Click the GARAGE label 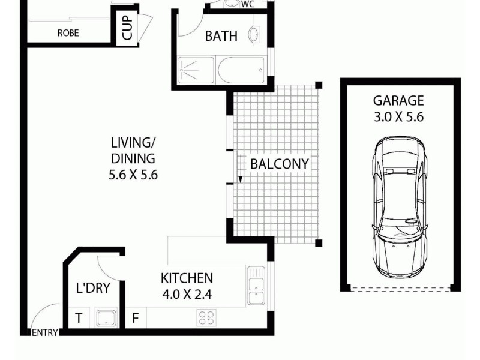pos(398,101)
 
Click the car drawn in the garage pos(398,207)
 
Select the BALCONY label pos(279,163)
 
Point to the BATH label pos(221,36)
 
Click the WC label pos(248,5)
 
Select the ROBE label pos(68,34)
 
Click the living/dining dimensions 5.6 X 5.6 pos(133,175)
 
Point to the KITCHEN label pos(187,278)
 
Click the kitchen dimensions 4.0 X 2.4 pos(187,294)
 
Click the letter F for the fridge pos(136,318)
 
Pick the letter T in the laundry pos(78,318)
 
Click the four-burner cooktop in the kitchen pos(206,317)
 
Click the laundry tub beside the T pos(106,318)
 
